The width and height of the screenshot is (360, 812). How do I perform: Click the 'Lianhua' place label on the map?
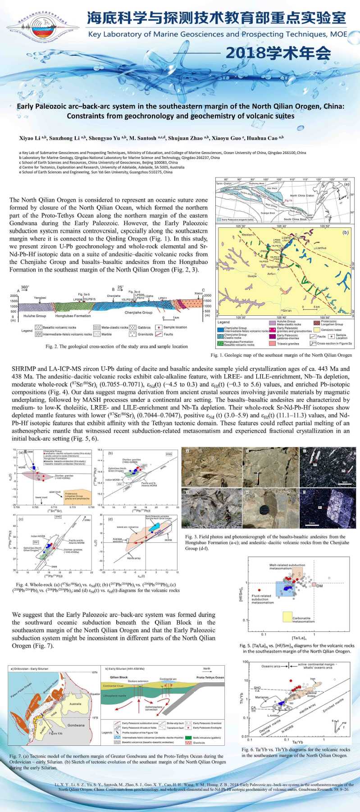(x=321, y=248)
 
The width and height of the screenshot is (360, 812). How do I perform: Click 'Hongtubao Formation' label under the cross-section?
(x=73, y=316)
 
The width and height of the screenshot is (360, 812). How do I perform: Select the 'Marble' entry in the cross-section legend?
(x=97, y=334)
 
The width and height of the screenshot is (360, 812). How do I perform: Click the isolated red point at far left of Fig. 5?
(x=259, y=590)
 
